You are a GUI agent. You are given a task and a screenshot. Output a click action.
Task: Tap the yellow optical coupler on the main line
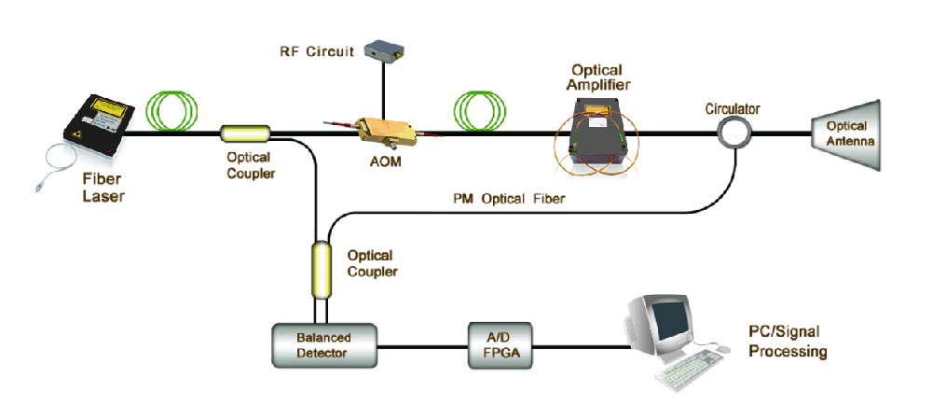coord(245,133)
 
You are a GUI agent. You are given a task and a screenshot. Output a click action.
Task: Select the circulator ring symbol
coord(735,133)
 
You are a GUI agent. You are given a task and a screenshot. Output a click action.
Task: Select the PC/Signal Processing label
coord(787,344)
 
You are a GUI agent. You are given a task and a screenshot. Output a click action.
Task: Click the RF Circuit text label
coord(317,51)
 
